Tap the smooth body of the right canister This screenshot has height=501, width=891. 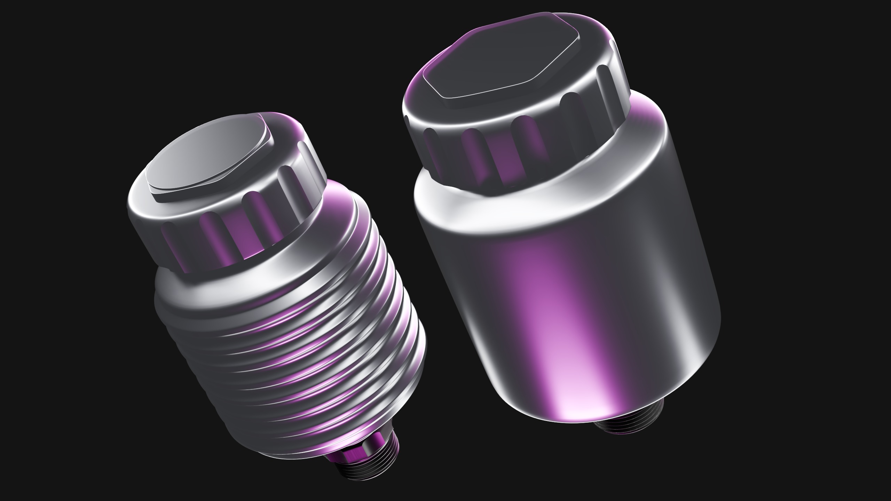click(574, 296)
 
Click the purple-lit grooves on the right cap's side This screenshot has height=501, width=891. click(505, 153)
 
